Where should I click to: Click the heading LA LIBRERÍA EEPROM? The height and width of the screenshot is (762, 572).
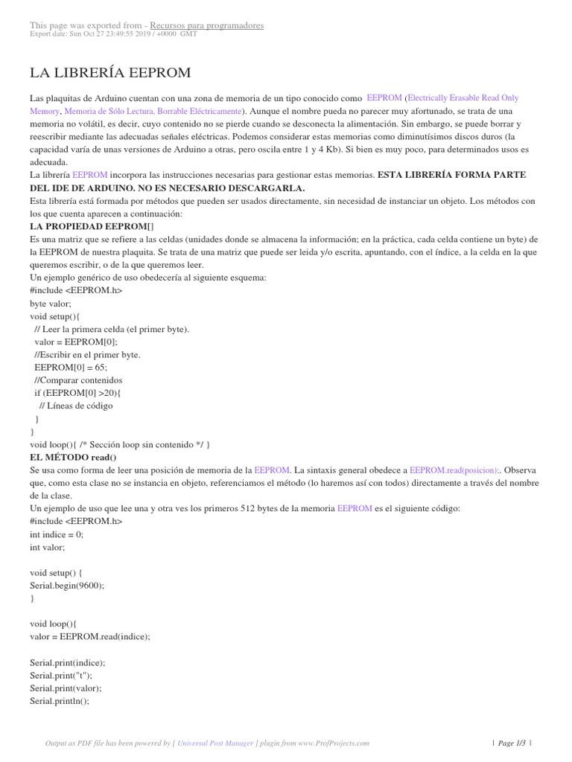tap(109, 72)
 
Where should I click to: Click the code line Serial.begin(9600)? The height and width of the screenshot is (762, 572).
tap(67, 585)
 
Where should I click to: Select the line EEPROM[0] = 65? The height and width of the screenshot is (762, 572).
tap(71, 367)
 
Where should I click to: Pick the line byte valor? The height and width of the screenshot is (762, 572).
tap(51, 304)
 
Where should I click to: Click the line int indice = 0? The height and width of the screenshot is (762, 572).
tap(57, 534)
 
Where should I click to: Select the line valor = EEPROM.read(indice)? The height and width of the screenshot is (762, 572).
tap(90, 636)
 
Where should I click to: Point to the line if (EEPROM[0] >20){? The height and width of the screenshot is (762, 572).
tap(77, 392)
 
